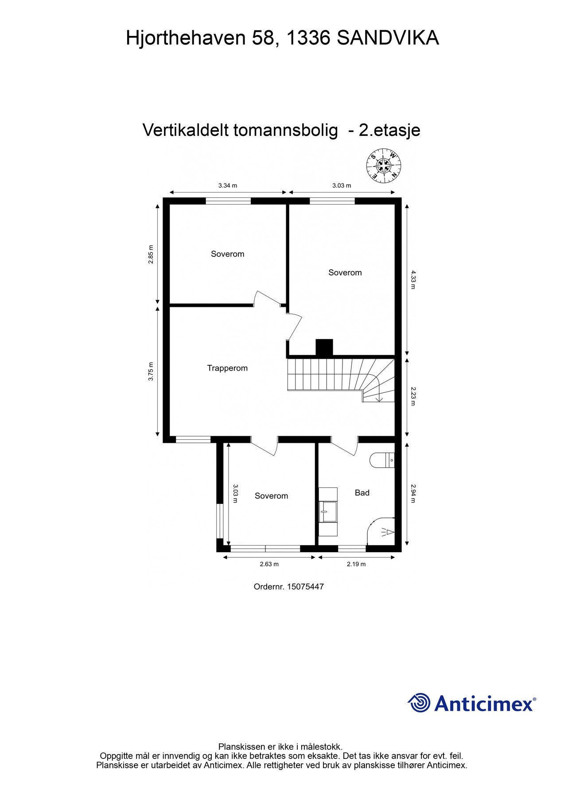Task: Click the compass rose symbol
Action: point(384,166)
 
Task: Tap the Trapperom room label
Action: point(227,368)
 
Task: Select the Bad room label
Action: point(362,492)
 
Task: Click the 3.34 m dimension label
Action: point(228,186)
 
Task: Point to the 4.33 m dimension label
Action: point(413,279)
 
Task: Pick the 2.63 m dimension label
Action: point(269,564)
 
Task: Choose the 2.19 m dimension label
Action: point(356,564)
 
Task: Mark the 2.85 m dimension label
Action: point(151,255)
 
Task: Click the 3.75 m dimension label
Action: point(151,372)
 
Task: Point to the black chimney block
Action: point(324,347)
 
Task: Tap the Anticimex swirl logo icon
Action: point(419,703)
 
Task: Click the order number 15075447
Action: point(305,587)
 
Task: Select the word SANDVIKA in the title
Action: point(388,38)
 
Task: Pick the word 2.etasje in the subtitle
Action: point(389,130)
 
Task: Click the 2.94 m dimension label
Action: point(413,493)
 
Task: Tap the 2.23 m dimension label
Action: point(413,396)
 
